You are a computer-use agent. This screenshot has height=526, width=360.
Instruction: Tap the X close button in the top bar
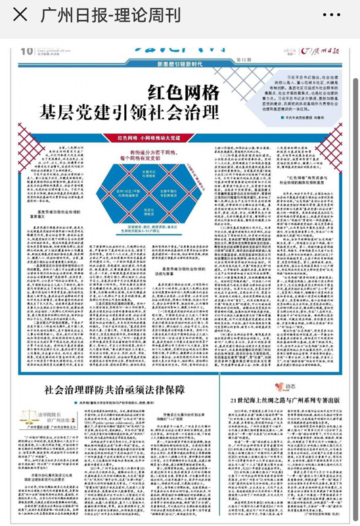click(20, 14)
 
